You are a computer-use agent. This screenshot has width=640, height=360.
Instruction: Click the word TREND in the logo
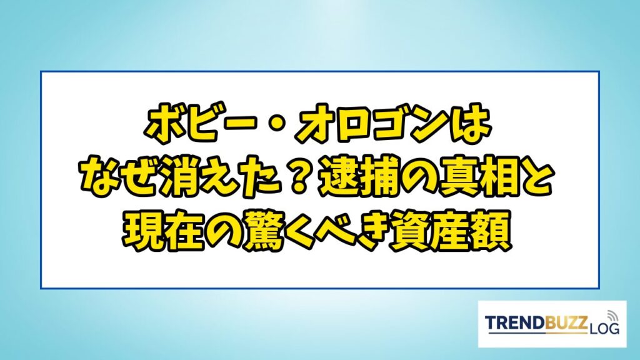coord(515,322)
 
